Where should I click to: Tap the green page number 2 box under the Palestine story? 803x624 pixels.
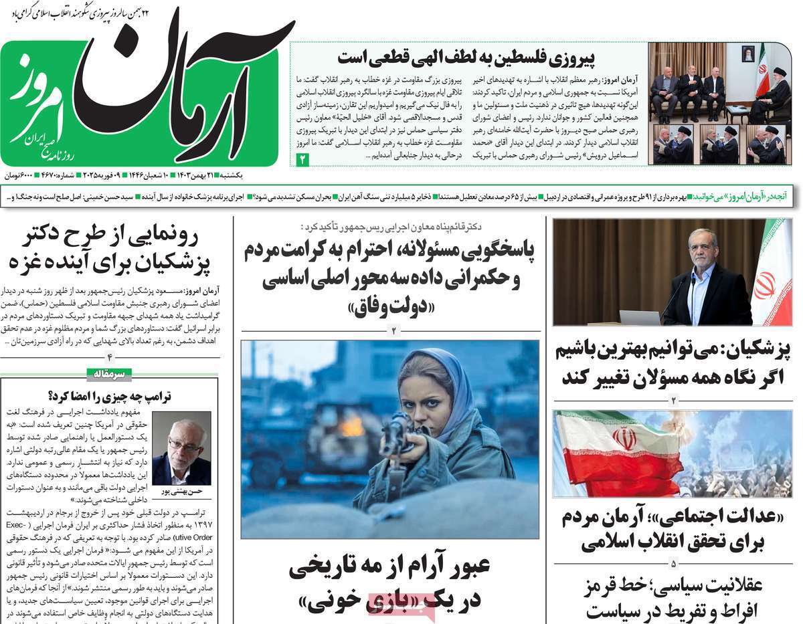point(302,159)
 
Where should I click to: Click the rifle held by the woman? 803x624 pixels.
point(397,438)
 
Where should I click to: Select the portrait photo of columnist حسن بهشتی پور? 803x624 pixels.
point(181,447)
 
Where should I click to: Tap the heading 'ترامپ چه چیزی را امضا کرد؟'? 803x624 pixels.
point(110,396)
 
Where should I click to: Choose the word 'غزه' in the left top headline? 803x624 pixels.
point(27,261)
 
